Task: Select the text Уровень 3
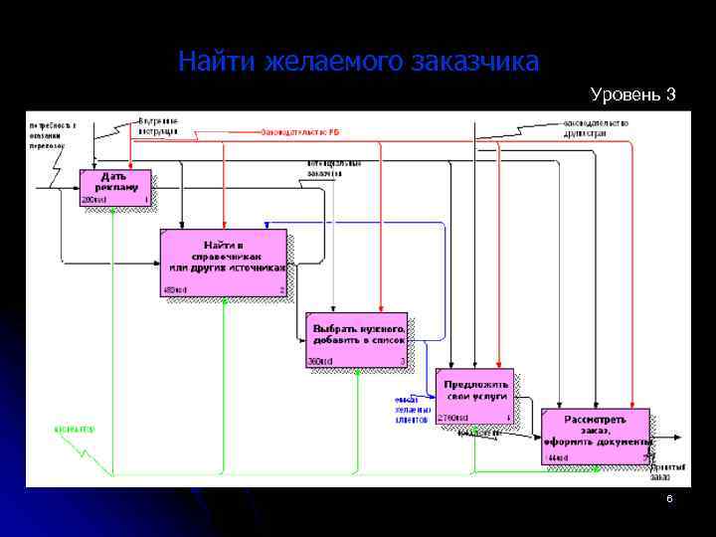coord(632,94)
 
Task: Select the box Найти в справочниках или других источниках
coord(224,262)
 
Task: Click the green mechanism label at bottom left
coord(75,430)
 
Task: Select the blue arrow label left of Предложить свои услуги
coord(412,411)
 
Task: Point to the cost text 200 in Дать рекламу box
coord(91,199)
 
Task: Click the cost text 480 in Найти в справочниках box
coord(175,289)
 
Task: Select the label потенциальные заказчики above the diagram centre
coord(333,166)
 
